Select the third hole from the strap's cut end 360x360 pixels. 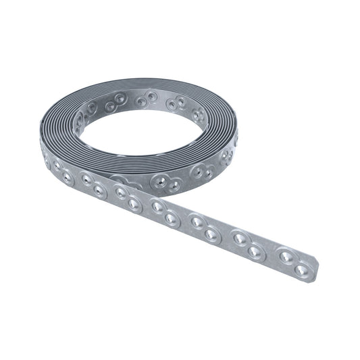255,252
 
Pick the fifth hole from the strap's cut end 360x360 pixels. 211,234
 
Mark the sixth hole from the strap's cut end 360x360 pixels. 197,221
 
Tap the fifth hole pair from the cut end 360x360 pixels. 129,199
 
